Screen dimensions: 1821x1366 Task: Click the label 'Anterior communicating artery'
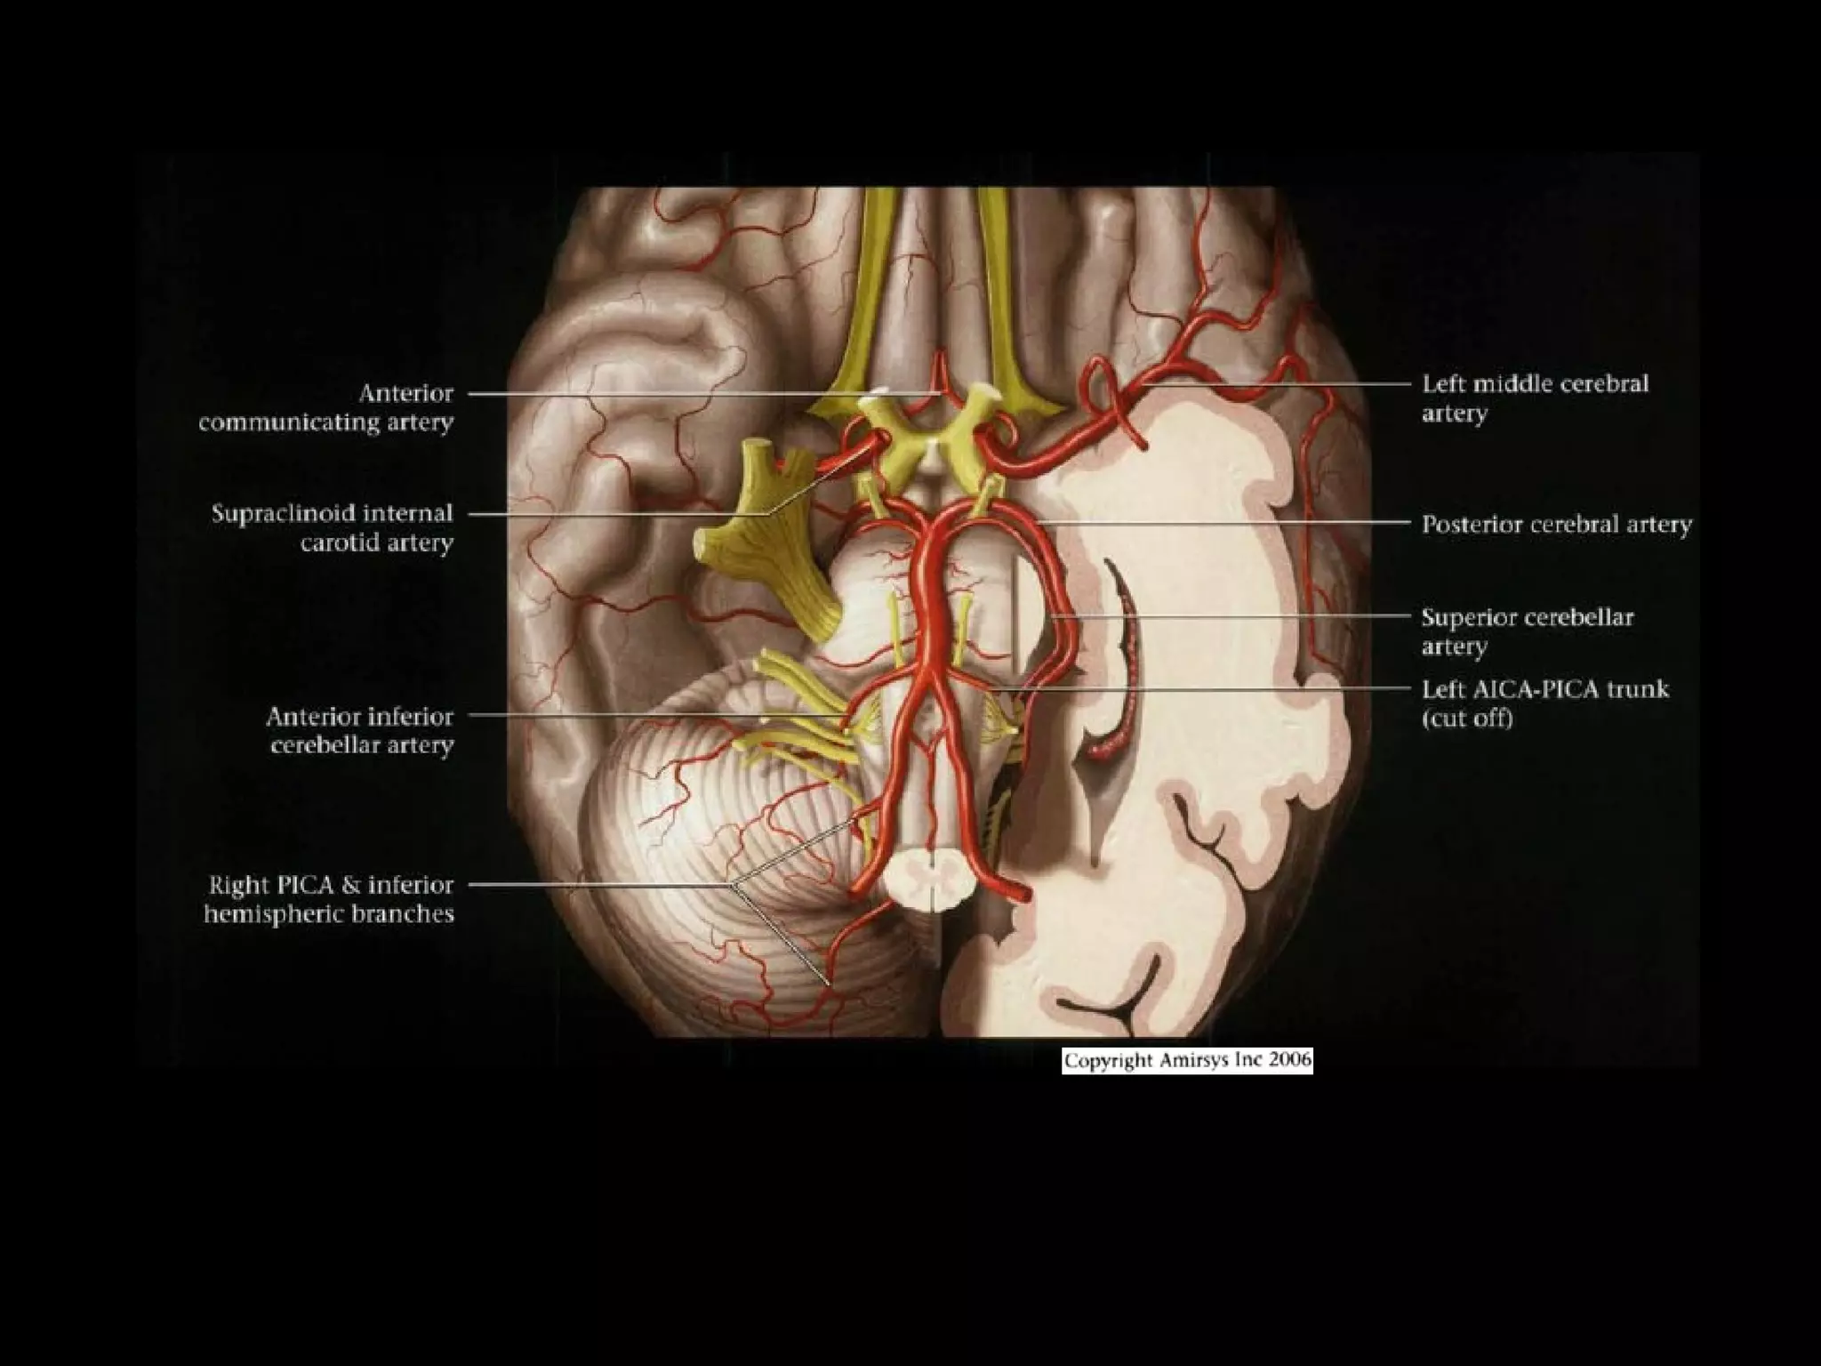click(326, 407)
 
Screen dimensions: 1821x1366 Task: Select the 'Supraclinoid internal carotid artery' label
click(333, 527)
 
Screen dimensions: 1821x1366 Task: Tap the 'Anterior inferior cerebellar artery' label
click(360, 730)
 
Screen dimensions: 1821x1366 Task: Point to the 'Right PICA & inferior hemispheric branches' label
click(330, 899)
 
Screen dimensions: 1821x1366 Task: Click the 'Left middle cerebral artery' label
click(1535, 398)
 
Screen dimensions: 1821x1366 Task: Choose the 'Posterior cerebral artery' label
click(1556, 525)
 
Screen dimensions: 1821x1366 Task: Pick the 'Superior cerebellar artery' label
click(1527, 631)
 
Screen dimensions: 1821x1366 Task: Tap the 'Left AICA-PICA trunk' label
click(1545, 689)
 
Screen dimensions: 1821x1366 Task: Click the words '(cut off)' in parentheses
click(1467, 719)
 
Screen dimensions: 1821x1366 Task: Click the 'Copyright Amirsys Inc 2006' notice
click(1187, 1060)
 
